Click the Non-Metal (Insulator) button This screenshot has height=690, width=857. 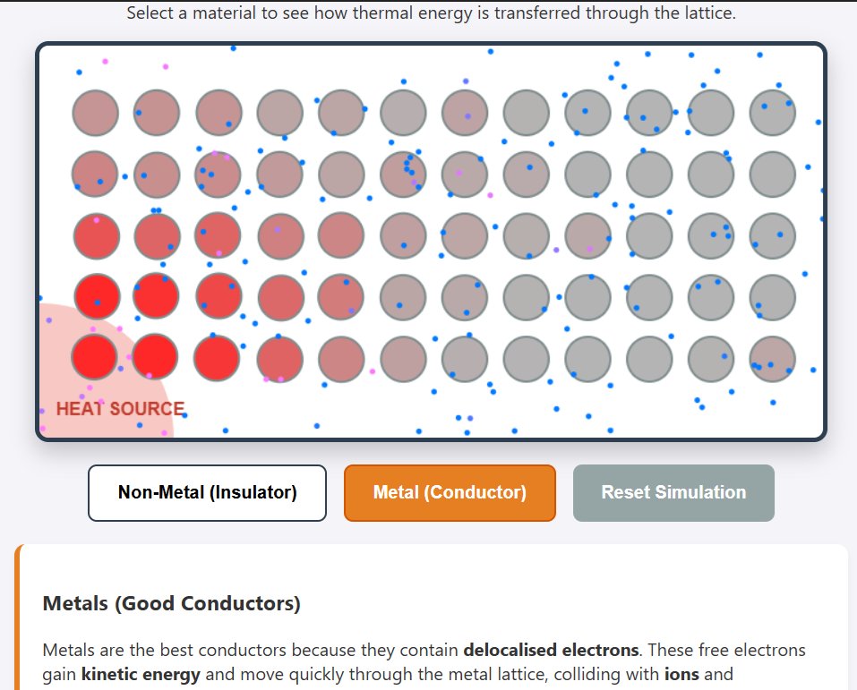(x=207, y=492)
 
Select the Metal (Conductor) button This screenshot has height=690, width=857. (x=450, y=492)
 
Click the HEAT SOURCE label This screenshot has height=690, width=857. (x=120, y=409)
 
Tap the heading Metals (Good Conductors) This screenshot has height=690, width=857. (x=171, y=603)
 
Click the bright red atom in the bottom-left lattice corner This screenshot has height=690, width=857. (x=96, y=357)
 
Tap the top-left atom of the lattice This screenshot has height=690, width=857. (x=96, y=113)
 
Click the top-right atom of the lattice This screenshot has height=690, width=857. (x=772, y=113)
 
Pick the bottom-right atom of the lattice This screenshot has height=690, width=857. (x=772, y=357)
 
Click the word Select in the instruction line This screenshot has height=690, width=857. (x=149, y=13)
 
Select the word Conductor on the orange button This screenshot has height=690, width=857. (x=483, y=492)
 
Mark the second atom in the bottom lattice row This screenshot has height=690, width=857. (x=157, y=357)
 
